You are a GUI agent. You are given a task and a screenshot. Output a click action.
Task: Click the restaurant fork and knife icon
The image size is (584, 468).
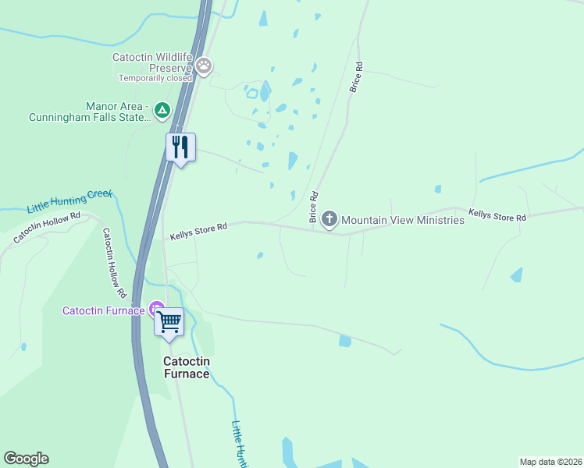180,147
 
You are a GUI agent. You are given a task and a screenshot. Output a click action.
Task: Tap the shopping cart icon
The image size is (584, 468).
169,321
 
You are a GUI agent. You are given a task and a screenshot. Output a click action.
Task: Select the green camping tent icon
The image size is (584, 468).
162,111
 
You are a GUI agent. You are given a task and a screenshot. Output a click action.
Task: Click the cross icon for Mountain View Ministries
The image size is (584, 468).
329,219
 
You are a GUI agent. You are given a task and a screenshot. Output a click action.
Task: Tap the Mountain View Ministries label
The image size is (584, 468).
403,220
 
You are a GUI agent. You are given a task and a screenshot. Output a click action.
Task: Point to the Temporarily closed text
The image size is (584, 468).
155,78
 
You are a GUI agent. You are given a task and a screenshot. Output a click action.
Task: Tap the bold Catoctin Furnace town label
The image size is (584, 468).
186,367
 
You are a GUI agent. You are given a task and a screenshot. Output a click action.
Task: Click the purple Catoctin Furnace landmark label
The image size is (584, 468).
103,310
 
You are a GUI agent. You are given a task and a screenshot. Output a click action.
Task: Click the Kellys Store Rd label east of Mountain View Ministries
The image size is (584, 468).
497,215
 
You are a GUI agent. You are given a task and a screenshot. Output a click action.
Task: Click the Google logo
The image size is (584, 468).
26,459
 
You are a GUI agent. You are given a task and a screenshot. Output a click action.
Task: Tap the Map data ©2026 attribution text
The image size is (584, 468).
550,461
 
